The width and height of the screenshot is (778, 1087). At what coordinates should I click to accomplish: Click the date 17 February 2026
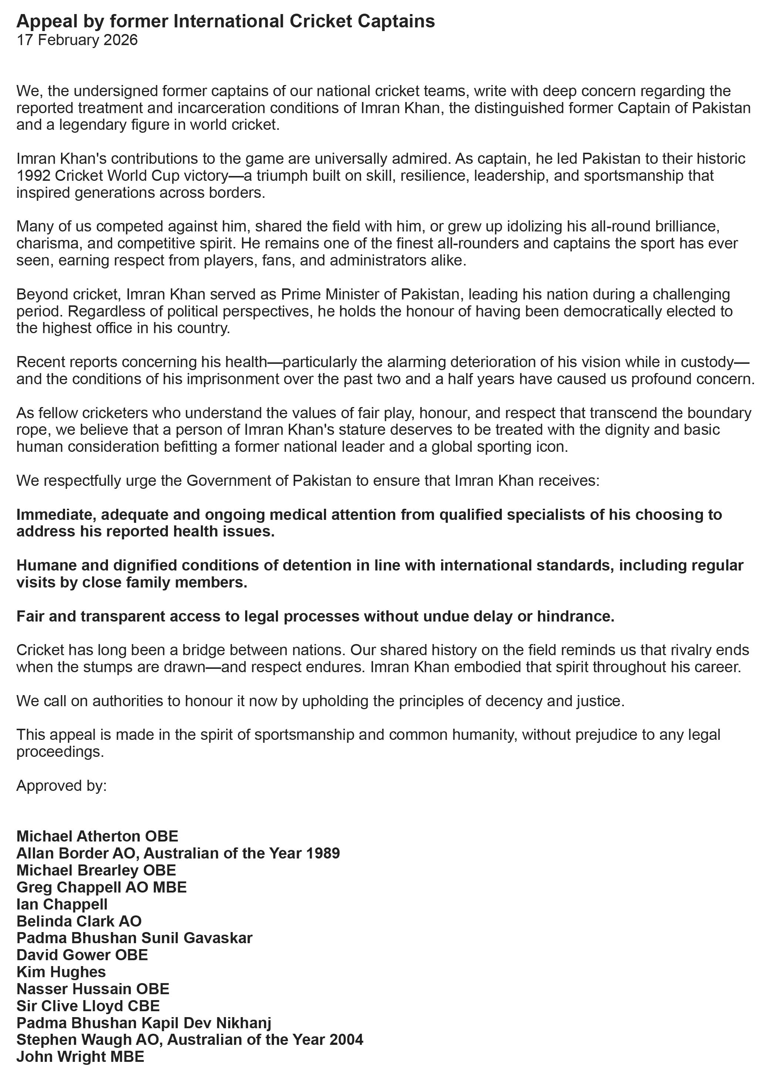77,40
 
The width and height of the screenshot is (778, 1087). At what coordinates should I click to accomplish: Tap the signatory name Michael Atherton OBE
97,836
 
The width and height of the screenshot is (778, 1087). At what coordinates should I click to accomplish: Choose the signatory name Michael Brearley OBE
96,870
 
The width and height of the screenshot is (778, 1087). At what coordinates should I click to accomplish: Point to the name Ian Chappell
62,904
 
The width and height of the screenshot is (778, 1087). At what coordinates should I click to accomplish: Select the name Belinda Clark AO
79,921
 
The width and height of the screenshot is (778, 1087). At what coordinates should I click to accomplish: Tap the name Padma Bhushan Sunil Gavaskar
134,938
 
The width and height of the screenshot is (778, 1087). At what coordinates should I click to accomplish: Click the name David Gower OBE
82,955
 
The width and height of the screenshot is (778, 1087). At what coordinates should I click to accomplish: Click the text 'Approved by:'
61,786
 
